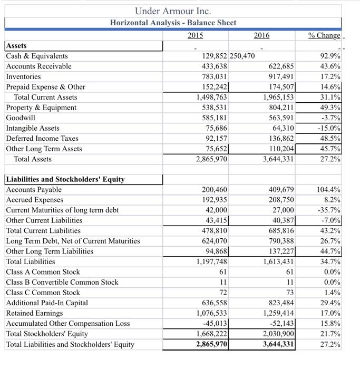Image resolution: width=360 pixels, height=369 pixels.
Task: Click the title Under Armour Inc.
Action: tap(173, 10)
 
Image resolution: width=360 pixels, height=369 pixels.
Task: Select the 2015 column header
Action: tap(196, 35)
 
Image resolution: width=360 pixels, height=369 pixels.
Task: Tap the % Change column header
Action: tap(324, 35)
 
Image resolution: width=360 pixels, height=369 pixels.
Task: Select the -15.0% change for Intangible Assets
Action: tap(328, 128)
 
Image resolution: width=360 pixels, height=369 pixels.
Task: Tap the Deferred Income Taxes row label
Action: tap(42, 138)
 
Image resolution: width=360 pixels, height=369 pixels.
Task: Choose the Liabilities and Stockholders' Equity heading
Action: tap(65, 179)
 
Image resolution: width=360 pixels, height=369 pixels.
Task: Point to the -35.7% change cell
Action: tap(328, 210)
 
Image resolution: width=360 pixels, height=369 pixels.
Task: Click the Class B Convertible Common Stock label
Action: tap(62, 282)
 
